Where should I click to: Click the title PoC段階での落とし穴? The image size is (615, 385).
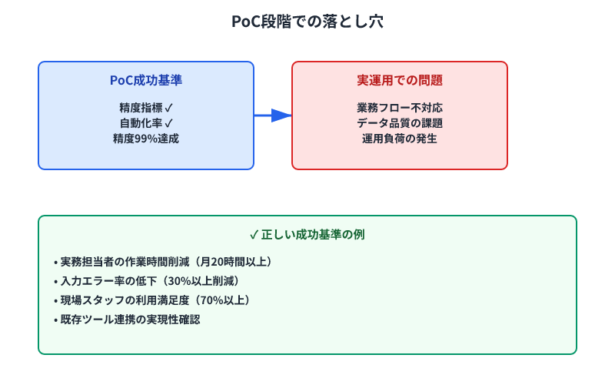pyautogui.click(x=307, y=22)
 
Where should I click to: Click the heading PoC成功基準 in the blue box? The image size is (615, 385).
pyautogui.click(x=146, y=80)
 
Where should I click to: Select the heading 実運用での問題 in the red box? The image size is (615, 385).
pyautogui.click(x=400, y=80)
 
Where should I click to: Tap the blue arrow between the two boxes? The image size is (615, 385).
pyautogui.click(x=273, y=115)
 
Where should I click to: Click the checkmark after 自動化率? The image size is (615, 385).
pyautogui.click(x=169, y=123)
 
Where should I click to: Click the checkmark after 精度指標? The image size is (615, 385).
pyautogui.click(x=169, y=108)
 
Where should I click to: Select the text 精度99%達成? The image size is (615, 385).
pyautogui.click(x=146, y=139)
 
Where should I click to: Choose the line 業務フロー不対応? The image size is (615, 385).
pyautogui.click(x=400, y=108)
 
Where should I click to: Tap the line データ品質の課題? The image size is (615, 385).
pyautogui.click(x=400, y=123)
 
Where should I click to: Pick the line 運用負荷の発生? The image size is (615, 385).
pyautogui.click(x=400, y=139)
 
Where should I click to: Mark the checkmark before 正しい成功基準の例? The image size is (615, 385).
pyautogui.click(x=254, y=234)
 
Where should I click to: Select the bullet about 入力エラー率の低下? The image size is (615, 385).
pyautogui.click(x=108, y=281)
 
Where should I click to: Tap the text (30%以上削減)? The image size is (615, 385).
pyautogui.click(x=203, y=281)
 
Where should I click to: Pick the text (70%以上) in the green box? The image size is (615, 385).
pyautogui.click(x=218, y=300)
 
